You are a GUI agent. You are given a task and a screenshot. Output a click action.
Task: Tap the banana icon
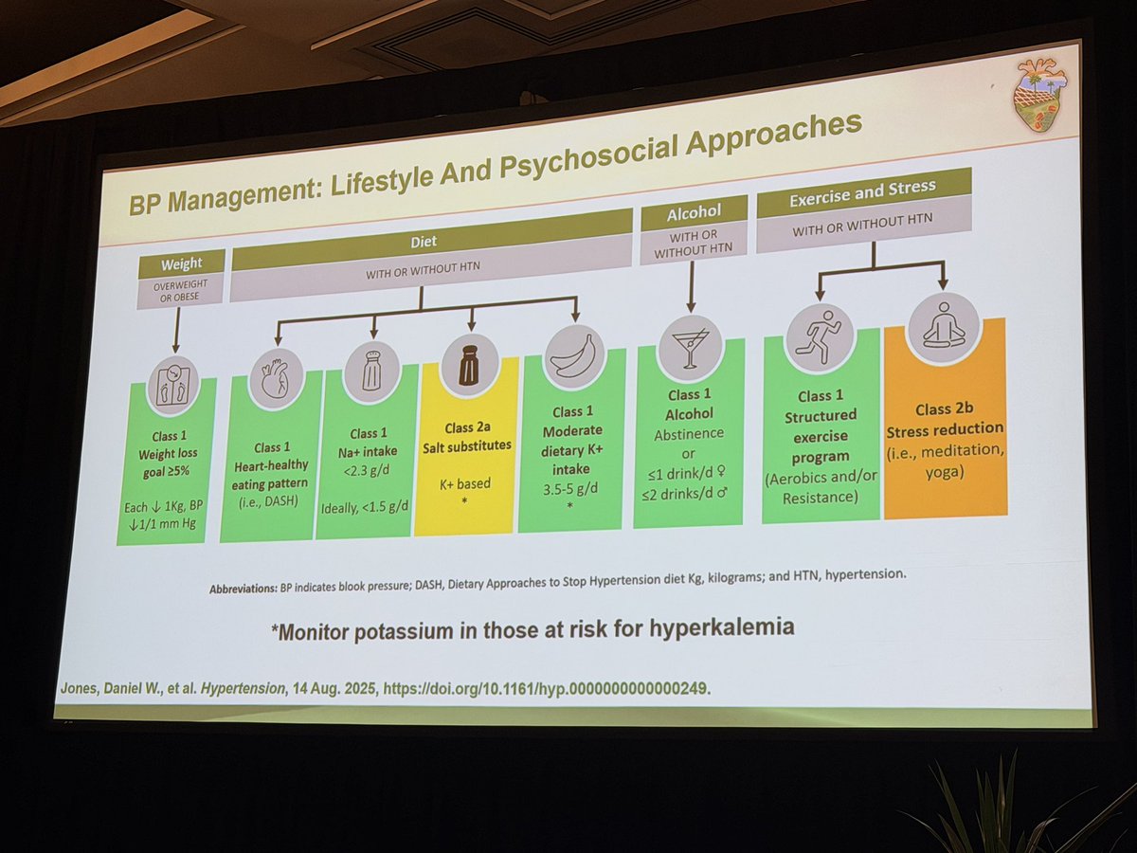coord(573,355)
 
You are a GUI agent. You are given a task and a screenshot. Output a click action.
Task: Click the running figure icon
coord(819,336)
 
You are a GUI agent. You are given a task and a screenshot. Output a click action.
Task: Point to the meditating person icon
coord(944,326)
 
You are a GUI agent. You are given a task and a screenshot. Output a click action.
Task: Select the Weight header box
coord(181,263)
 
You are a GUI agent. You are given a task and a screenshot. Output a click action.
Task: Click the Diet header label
coord(424,242)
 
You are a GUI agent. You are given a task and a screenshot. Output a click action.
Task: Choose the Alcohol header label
coord(694,212)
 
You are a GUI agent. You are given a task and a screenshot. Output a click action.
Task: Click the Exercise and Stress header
coord(862,193)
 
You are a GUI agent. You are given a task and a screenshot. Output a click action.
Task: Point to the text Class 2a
coord(467,427)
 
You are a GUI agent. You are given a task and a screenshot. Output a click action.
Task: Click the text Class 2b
coord(944,409)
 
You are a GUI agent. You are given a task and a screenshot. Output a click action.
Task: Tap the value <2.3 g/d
coord(367,471)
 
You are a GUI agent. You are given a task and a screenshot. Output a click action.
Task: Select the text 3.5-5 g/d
coord(569,489)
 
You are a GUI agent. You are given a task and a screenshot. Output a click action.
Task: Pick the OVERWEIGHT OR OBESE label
coord(180,291)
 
